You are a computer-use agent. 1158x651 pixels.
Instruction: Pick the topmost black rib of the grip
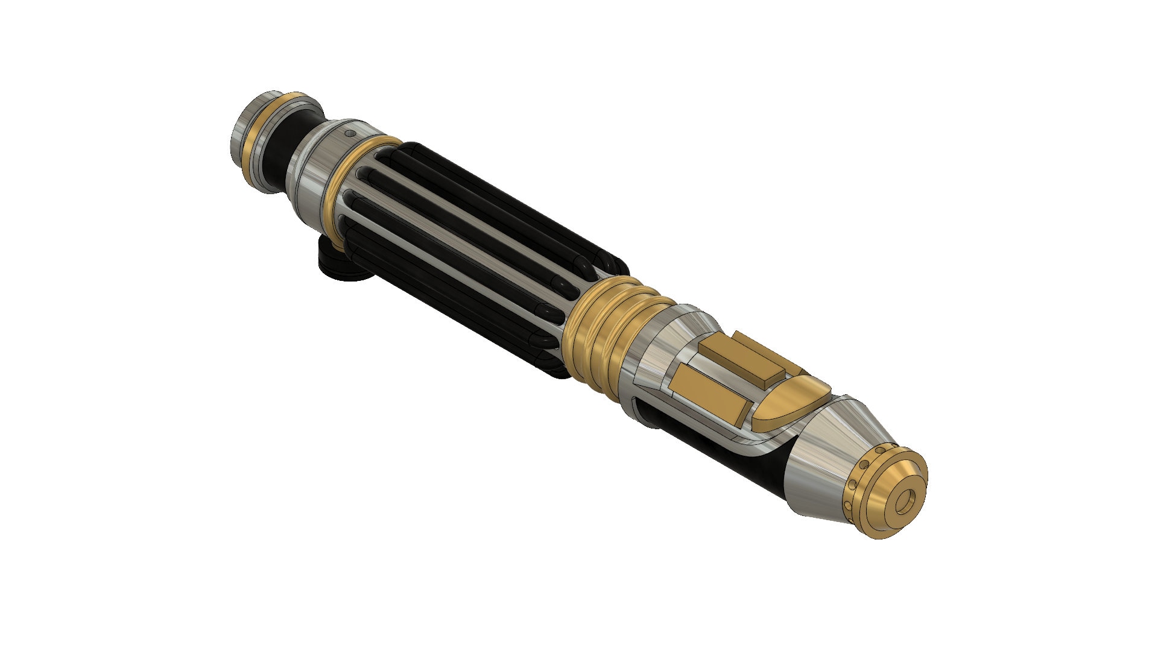(x=513, y=199)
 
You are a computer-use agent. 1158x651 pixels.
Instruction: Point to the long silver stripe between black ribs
(x=458, y=241)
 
